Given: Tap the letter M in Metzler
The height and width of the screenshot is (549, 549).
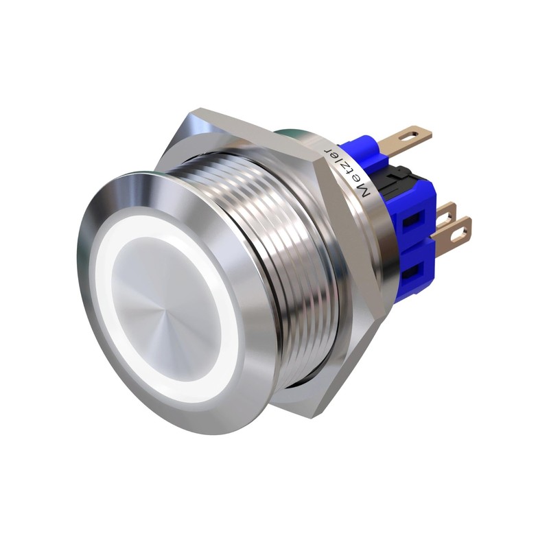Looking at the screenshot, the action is (364, 191).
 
